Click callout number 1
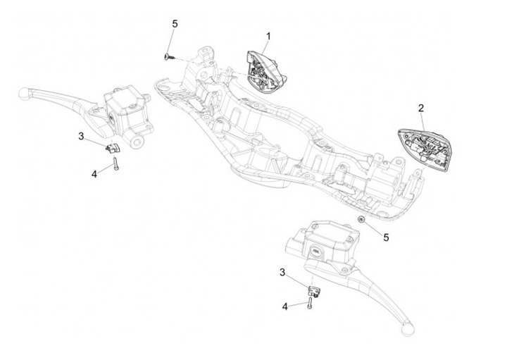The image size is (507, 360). (268, 36)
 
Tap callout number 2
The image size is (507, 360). (421, 108)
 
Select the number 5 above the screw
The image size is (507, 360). (175, 24)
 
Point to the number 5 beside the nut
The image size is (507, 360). (385, 237)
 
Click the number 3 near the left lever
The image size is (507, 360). (101, 135)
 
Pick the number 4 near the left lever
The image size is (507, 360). (94, 172)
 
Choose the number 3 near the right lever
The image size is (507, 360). (282, 272)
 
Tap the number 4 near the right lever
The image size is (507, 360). (284, 306)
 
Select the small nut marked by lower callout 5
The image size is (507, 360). (361, 221)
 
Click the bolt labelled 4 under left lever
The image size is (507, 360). (114, 166)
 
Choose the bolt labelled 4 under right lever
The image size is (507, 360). (309, 305)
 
